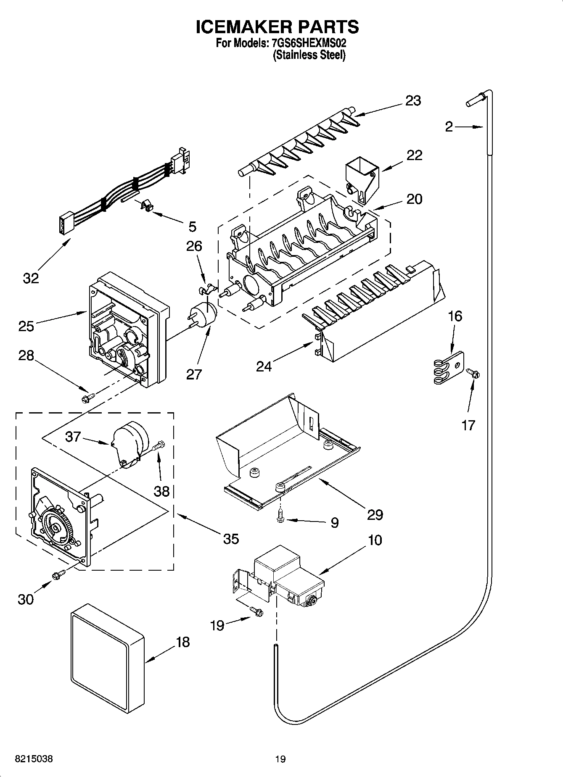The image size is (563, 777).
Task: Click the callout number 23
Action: point(413,101)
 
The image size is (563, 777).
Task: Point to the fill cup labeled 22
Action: point(361,178)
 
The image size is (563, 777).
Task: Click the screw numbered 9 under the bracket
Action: point(280,517)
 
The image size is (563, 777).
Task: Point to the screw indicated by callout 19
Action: point(256,611)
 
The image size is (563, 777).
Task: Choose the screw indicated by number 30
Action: point(58,574)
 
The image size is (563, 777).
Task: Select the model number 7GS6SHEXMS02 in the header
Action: point(307,43)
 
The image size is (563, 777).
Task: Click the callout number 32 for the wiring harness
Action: point(31,278)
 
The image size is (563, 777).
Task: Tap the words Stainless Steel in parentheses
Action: point(309,55)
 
